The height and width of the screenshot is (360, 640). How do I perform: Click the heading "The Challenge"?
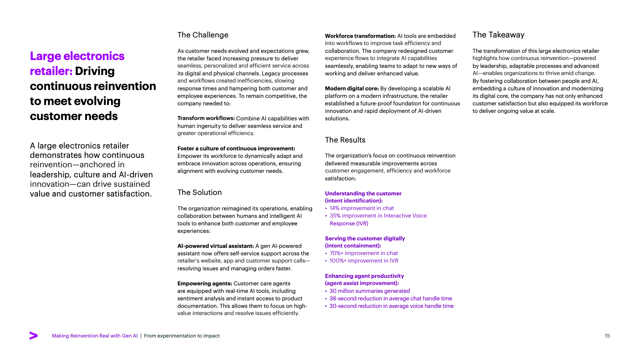tap(203, 35)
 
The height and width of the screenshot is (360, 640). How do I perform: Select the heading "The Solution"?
tap(199, 192)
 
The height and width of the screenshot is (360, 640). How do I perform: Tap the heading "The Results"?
tap(345, 140)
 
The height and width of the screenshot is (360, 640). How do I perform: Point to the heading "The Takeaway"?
tap(498, 35)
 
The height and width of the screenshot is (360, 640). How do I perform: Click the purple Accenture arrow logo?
tap(33, 336)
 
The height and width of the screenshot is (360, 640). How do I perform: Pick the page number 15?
tap(607, 336)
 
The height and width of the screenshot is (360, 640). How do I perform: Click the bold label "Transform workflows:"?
tap(206, 118)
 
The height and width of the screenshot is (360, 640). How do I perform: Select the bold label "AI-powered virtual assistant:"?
tap(215, 246)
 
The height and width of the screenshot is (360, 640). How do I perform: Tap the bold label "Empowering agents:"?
tap(204, 283)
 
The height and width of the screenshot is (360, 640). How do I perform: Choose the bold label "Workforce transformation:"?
tap(360, 36)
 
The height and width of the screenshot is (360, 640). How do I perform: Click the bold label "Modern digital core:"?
tap(352, 88)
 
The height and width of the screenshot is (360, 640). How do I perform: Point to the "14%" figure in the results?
tap(334, 208)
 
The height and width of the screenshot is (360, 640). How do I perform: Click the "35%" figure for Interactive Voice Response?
tap(335, 216)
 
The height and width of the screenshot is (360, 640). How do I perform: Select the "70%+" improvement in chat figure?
tap(336, 253)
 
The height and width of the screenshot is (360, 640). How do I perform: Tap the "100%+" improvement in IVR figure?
tap(338, 261)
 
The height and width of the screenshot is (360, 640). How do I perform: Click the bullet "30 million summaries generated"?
tap(369, 291)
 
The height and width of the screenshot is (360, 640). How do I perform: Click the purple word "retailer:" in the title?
tap(51, 71)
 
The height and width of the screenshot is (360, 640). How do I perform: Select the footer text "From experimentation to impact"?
tap(182, 336)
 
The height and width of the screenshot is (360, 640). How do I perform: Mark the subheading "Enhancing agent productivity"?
tap(364, 276)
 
